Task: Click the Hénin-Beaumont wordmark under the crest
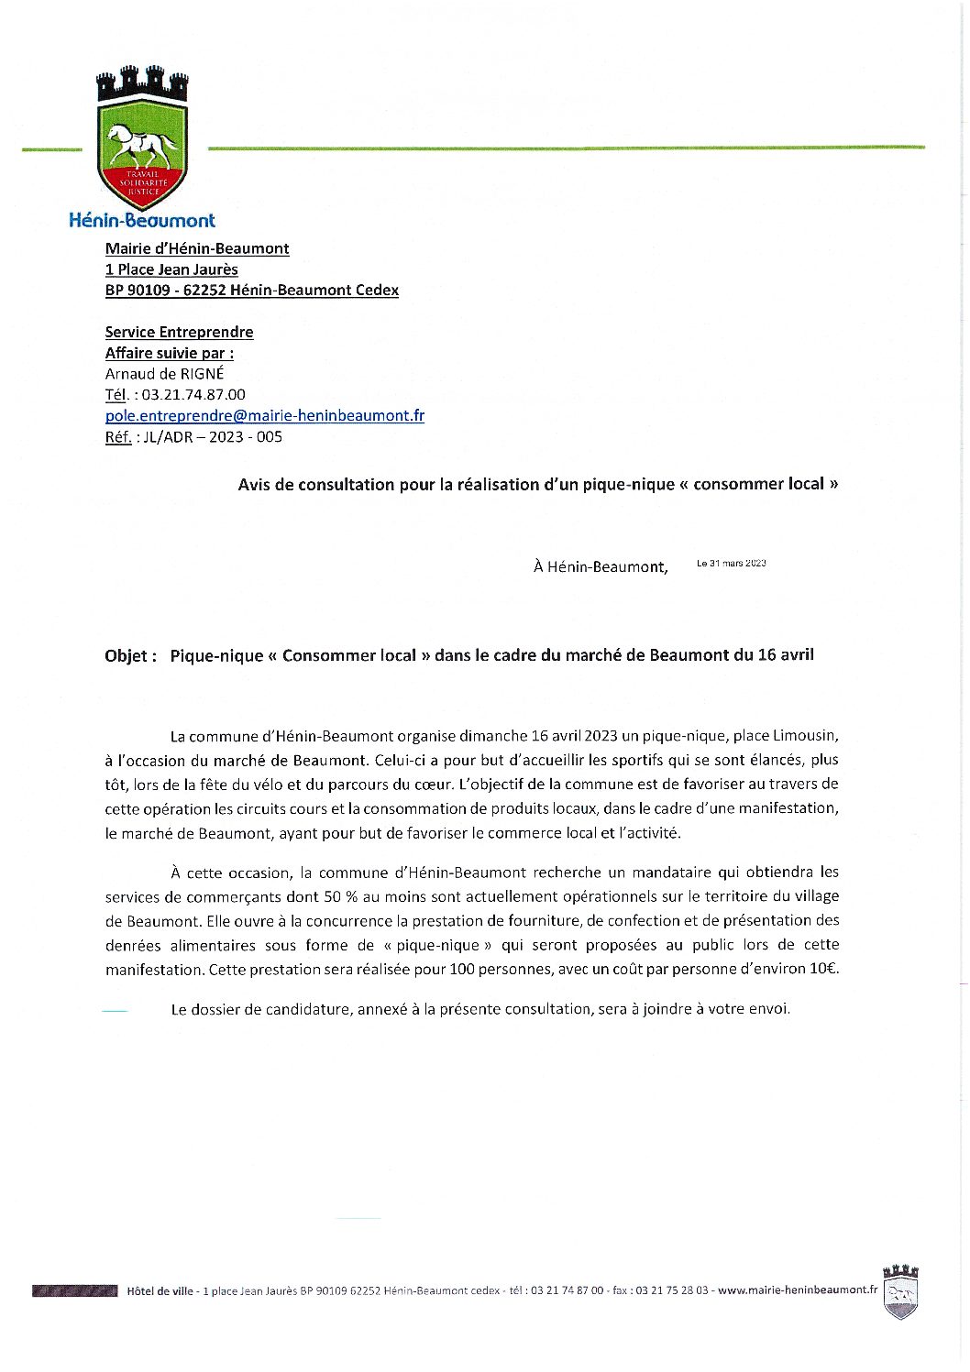point(142,220)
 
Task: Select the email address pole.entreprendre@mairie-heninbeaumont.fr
point(264,415)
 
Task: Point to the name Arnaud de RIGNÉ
point(164,374)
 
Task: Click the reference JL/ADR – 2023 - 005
point(213,437)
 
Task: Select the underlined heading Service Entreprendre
point(179,332)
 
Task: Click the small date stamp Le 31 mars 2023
point(731,563)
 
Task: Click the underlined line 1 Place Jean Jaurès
point(171,269)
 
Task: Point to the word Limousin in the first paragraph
point(805,736)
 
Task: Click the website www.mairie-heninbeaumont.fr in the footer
point(797,1290)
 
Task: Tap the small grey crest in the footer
point(899,1291)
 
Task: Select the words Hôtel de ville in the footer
point(160,1290)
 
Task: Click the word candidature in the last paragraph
point(307,1009)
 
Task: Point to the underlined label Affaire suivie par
point(169,353)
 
